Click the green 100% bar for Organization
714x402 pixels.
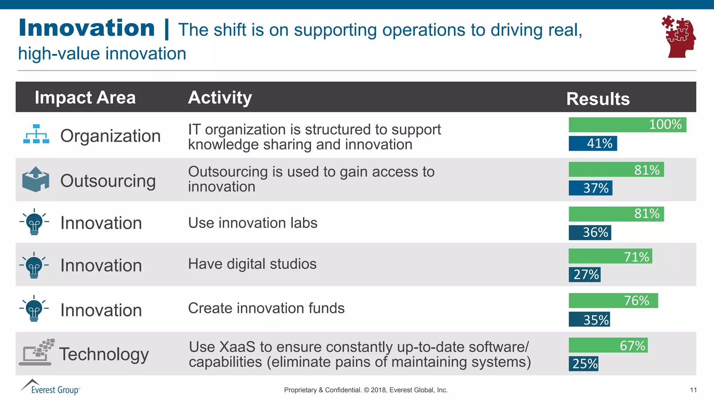[x=627, y=125]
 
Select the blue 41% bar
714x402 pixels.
[x=593, y=143]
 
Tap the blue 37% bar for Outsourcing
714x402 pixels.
[x=590, y=188]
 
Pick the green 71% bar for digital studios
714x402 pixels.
[x=610, y=256]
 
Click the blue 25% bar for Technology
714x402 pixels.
[x=584, y=364]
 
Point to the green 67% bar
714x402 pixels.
[x=608, y=345]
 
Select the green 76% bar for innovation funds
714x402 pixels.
[x=613, y=300]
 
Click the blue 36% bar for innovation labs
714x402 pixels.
[x=590, y=233]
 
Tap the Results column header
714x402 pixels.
[x=598, y=99]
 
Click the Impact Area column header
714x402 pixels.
[x=85, y=97]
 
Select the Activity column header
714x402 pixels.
[x=220, y=97]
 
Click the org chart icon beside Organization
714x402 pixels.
[x=36, y=134]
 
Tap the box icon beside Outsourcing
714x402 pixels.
[x=36, y=179]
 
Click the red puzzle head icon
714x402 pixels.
[x=678, y=37]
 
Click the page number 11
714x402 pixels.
[x=693, y=390]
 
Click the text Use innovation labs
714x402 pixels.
[x=253, y=223]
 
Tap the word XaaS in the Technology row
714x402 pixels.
[x=237, y=347]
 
